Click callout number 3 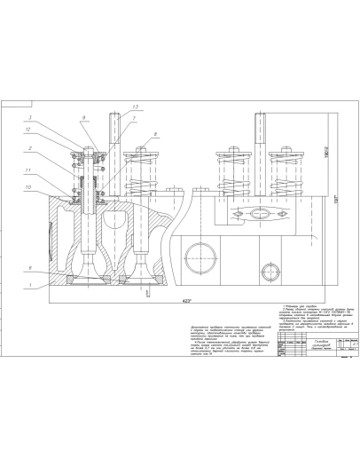click(x=54, y=118)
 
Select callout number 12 click(x=54, y=130)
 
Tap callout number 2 click(x=54, y=147)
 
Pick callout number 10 click(x=54, y=187)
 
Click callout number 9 click(x=84, y=119)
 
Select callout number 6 click(x=54, y=268)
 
